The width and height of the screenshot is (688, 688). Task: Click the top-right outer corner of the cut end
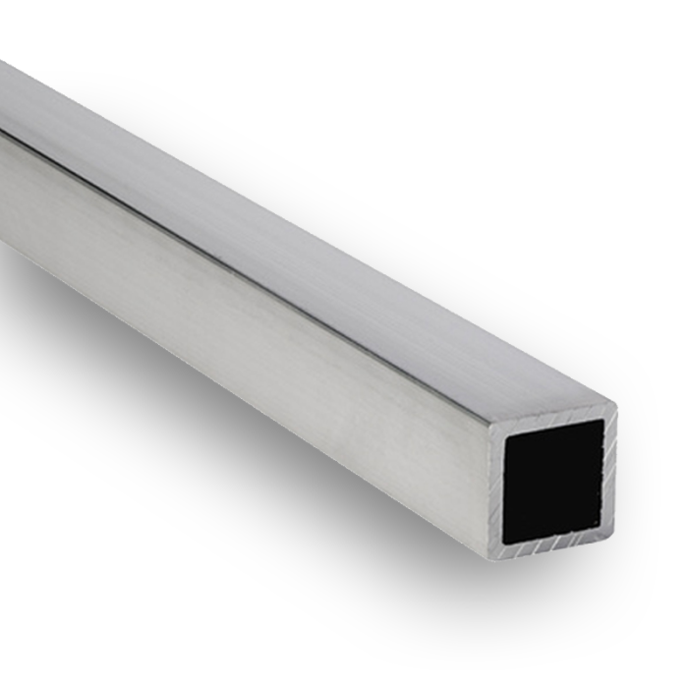point(614,403)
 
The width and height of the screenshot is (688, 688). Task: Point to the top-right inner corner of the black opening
point(602,421)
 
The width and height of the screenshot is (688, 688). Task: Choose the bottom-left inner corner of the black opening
point(505,542)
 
